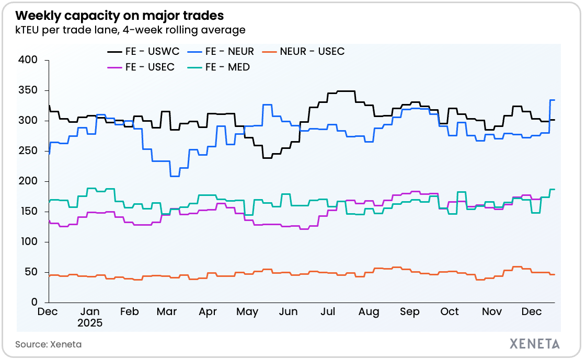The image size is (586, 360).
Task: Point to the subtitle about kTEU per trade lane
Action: tap(130, 30)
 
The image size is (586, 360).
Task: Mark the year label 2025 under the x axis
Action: tap(90, 323)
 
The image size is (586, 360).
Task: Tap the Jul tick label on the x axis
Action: tap(328, 312)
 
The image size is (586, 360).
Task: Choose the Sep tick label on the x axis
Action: tap(410, 312)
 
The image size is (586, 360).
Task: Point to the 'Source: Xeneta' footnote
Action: tap(48, 344)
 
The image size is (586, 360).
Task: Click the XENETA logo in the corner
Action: tap(534, 344)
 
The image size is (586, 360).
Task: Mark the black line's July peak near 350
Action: tap(346, 91)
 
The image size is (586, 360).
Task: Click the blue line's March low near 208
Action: tap(175, 176)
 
